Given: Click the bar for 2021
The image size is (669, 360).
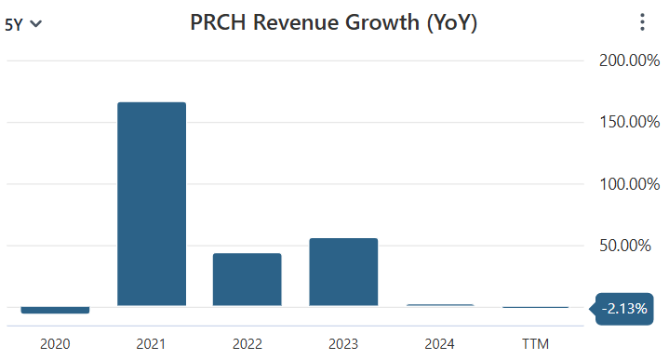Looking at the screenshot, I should pyautogui.click(x=151, y=204).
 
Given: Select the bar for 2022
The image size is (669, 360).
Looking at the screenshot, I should pyautogui.click(x=247, y=279).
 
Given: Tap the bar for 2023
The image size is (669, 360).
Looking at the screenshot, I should pyautogui.click(x=343, y=272).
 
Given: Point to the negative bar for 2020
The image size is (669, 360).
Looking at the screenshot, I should pyautogui.click(x=55, y=310).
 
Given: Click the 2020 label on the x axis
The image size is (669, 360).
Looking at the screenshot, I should pyautogui.click(x=55, y=344).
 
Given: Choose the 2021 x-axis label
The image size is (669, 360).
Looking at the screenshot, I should pyautogui.click(x=151, y=344).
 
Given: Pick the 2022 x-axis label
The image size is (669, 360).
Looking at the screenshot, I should pyautogui.click(x=247, y=344).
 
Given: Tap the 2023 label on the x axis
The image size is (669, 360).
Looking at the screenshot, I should pyautogui.click(x=343, y=344).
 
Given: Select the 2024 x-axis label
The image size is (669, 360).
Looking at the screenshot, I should pyautogui.click(x=439, y=344).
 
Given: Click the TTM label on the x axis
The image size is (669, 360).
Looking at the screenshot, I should pyautogui.click(x=535, y=344).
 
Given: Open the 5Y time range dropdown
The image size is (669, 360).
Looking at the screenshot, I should pyautogui.click(x=23, y=25).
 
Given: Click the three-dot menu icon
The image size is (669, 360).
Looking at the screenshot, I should pyautogui.click(x=641, y=23).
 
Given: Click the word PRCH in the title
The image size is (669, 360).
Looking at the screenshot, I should pyautogui.click(x=219, y=23).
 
